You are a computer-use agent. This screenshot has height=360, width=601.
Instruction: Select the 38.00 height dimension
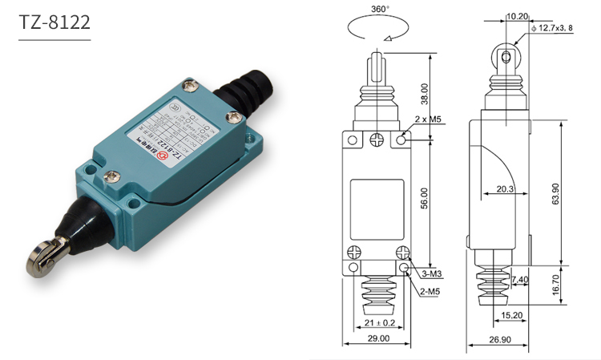point(425,94)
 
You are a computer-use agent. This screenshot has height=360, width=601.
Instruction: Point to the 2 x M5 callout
point(430,120)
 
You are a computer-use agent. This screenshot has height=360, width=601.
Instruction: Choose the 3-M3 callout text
point(432,274)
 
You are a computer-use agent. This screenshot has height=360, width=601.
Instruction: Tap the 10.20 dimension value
point(516,15)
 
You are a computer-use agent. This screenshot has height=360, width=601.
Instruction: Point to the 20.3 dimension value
point(505,189)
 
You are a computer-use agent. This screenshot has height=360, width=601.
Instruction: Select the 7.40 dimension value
point(519,280)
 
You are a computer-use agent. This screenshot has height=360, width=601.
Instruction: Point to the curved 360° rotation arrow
point(377,30)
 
